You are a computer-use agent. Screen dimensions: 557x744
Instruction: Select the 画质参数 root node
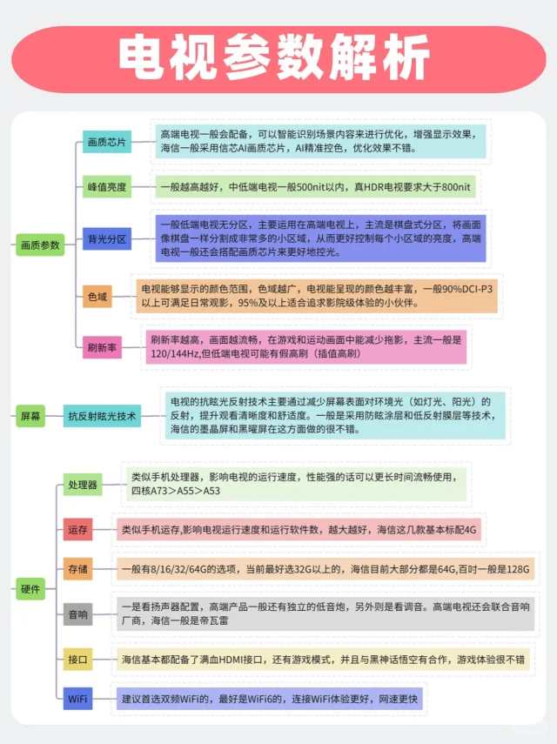[40, 245]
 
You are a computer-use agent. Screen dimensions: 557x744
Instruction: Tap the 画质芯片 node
[106, 142]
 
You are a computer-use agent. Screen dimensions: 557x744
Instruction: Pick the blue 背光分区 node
[106, 238]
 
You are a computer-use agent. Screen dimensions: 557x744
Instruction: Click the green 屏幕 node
[30, 416]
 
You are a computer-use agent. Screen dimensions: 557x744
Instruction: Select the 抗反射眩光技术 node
[102, 416]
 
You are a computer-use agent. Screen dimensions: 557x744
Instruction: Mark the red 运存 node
[77, 529]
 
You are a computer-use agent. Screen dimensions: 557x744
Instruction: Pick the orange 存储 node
[77, 569]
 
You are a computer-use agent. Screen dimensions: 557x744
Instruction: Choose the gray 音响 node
[77, 614]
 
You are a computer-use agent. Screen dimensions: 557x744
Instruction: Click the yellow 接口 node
[77, 660]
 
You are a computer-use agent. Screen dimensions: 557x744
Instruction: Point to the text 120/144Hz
[175, 354]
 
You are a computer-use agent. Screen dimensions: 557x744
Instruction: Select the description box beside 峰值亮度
[315, 187]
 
